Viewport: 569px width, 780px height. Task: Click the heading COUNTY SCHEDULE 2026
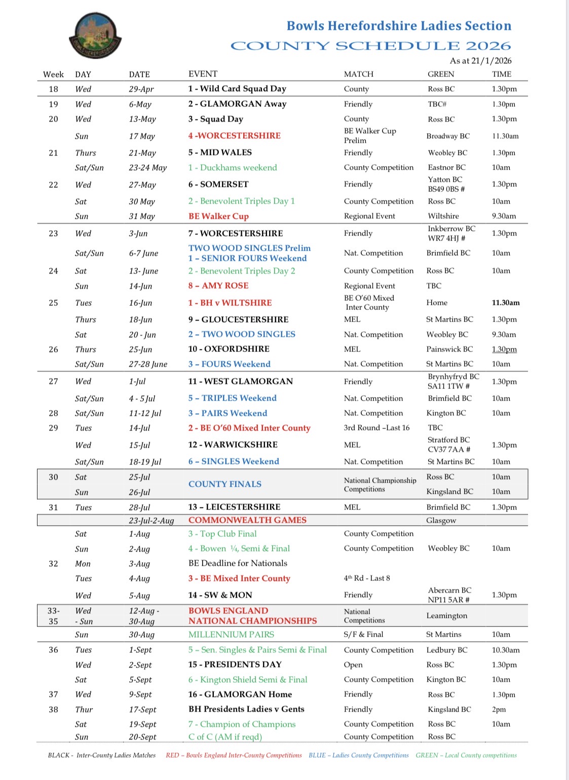coord(370,46)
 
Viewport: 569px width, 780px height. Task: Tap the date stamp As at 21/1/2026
coord(480,61)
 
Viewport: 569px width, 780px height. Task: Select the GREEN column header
coord(441,74)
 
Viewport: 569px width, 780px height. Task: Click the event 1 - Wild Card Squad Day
coord(237,89)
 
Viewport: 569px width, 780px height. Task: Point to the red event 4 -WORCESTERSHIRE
coord(234,136)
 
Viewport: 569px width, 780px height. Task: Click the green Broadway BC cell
coord(448,136)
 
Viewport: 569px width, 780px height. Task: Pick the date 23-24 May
coord(147,168)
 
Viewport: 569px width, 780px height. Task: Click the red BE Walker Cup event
coord(218,216)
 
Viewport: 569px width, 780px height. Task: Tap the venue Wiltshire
coord(443,216)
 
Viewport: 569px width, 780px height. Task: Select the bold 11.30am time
coord(506,303)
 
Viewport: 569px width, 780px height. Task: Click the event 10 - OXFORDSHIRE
coord(229,349)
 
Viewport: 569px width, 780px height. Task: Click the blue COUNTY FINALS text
coord(225,484)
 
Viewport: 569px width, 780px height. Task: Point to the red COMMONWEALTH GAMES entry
coord(247,520)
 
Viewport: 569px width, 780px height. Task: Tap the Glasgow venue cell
coord(441,521)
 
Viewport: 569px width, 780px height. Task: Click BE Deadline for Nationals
coord(238,563)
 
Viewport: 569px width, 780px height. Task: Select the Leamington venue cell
coord(446,616)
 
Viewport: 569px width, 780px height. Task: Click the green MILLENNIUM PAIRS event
coord(231,635)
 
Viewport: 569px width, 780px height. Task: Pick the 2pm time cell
coord(499,710)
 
